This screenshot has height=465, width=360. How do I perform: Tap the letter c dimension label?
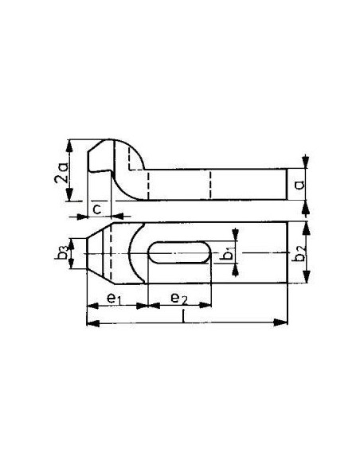tap(97, 209)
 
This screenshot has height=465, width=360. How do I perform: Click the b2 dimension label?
tap(299, 253)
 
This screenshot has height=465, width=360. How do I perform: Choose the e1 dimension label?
tap(114, 298)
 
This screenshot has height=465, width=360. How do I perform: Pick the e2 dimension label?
tap(179, 298)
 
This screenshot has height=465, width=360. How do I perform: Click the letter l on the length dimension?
tap(184, 316)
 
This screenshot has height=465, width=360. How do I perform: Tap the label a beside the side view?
tap(299, 185)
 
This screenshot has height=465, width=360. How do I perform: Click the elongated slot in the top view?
tap(179, 252)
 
